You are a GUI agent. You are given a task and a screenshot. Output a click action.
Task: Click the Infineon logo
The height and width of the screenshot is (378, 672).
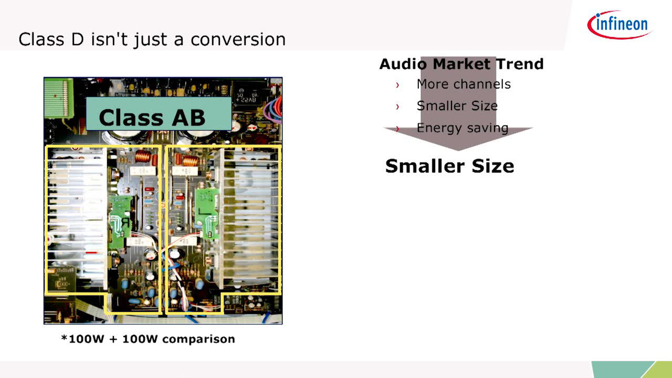(620, 25)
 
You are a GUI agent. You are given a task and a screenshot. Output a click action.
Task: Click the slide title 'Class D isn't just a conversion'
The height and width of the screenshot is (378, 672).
(152, 39)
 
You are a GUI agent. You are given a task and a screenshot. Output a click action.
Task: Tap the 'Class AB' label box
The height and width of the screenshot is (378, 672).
(159, 114)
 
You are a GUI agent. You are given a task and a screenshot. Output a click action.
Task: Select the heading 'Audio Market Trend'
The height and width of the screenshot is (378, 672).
(461, 64)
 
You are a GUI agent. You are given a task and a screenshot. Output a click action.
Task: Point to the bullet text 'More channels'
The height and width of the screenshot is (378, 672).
(464, 84)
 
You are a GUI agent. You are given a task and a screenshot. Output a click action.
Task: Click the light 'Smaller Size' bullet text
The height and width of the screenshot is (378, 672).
(457, 106)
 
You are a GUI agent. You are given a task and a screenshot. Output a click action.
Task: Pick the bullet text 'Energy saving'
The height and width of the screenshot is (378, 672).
(463, 128)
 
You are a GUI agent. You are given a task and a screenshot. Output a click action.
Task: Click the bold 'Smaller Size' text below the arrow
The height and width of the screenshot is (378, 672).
(450, 166)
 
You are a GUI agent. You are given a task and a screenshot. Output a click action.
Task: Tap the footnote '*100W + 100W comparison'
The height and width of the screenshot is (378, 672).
(148, 339)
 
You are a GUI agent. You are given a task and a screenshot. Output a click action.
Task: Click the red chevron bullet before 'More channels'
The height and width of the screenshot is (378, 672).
(397, 85)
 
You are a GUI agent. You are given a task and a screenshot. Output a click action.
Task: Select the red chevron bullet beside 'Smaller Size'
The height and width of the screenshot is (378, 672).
(397, 107)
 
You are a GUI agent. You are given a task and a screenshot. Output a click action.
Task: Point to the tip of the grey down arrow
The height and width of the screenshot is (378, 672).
(458, 151)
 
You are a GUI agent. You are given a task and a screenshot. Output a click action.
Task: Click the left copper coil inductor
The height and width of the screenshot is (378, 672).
(143, 156)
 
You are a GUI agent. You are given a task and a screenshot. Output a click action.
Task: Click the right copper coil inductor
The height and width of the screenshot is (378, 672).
(190, 161)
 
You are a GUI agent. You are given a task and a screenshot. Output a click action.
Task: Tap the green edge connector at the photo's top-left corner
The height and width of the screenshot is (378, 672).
(59, 98)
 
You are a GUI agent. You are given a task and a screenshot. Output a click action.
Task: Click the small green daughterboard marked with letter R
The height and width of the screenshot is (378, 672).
(120, 221)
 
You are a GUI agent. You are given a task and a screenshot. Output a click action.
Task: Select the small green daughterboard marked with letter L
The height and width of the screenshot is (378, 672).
(207, 213)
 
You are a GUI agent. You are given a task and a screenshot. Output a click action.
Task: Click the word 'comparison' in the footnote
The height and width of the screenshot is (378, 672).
(198, 339)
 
